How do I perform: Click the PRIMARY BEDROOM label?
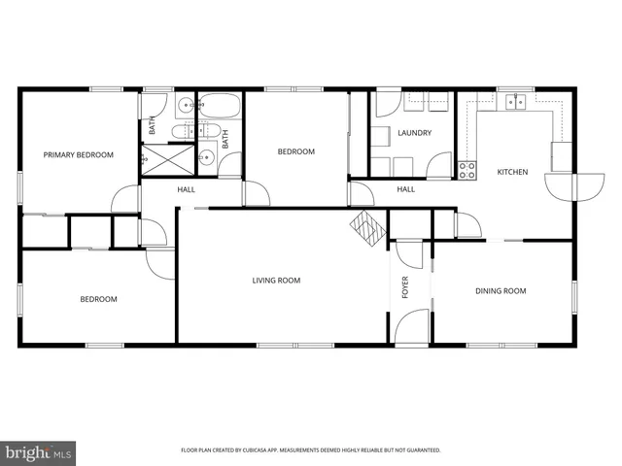pos(77,154)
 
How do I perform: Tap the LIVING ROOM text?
pos(276,281)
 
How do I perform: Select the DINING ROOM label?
pos(501,290)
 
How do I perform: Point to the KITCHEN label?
pos(512,172)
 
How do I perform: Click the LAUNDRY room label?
pos(414,133)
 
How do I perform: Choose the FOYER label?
pos(406,287)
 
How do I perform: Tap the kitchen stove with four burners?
pos(467,169)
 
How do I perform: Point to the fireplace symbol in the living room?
pos(368,227)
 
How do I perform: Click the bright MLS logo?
pos(39,451)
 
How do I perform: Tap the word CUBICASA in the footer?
pos(254,450)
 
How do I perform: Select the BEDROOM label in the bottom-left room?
pos(98,299)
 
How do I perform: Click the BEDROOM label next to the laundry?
pos(296,151)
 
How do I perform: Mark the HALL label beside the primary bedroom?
pos(186,189)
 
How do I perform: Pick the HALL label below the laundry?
pos(405,189)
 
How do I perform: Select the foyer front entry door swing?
pos(412,324)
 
